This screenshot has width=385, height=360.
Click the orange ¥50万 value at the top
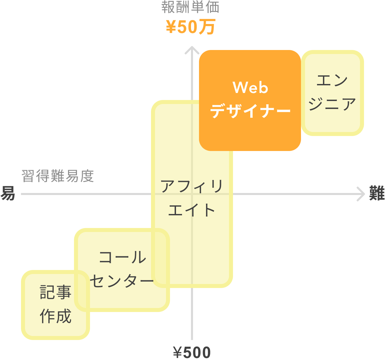191,27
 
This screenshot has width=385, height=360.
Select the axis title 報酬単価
190,7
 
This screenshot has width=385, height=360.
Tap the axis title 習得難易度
58,176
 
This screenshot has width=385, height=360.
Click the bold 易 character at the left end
7,193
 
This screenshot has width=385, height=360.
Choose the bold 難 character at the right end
377,193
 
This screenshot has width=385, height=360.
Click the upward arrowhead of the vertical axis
192,50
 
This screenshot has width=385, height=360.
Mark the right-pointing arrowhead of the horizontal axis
362,194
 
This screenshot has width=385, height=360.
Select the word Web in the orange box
250,88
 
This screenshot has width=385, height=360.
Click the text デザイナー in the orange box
250,111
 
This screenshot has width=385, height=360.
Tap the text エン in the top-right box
332,81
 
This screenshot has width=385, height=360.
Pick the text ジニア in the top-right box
332,104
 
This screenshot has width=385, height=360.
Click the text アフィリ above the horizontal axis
192,186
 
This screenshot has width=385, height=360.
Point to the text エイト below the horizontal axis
192,210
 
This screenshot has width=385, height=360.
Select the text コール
122,258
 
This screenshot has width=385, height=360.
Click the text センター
122,281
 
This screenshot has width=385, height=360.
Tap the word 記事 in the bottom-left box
56,292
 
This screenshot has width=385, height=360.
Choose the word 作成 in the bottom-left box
56,316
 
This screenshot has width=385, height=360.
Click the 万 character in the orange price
207,27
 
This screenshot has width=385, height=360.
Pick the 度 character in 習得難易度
87,176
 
